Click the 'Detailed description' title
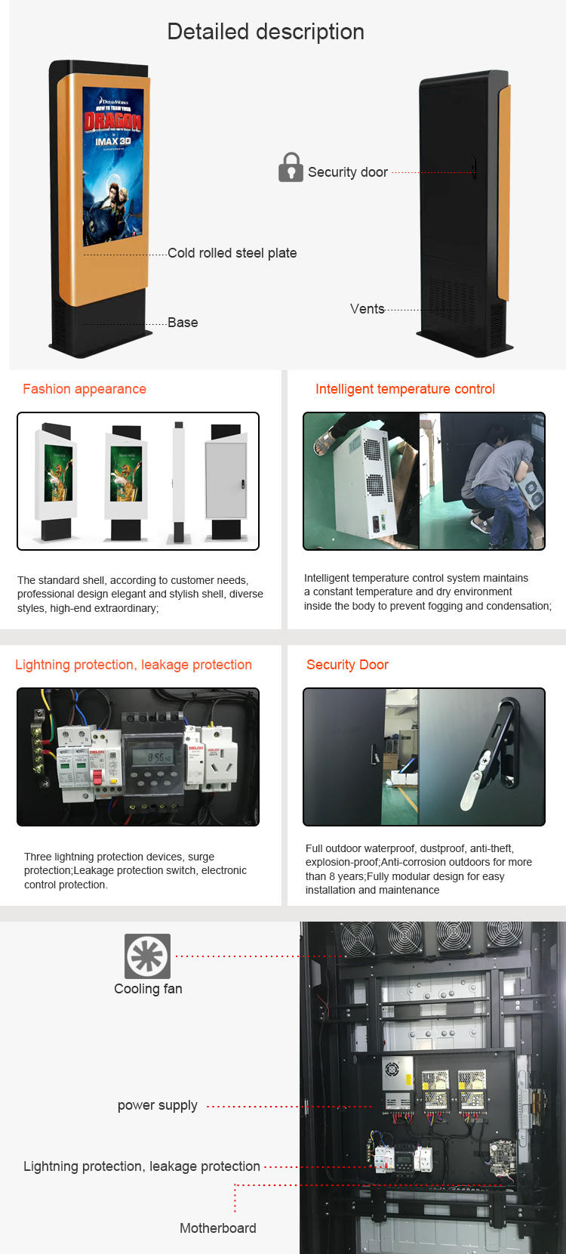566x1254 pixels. click(266, 32)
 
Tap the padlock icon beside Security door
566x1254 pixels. click(291, 167)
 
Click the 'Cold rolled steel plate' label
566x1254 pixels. click(232, 253)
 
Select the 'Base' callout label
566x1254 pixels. click(183, 323)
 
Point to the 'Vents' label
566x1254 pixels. click(367, 309)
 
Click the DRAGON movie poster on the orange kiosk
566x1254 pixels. click(113, 165)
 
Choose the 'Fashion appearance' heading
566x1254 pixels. click(85, 389)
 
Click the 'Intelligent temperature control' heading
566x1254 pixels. click(405, 389)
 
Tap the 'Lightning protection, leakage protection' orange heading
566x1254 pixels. click(134, 665)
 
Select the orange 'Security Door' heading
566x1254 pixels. click(347, 665)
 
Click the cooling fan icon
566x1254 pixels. click(148, 956)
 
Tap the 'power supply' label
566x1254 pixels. click(157, 1106)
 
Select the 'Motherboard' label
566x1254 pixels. click(218, 1228)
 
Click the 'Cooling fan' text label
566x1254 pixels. click(148, 989)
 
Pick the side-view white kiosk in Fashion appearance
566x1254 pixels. click(178, 482)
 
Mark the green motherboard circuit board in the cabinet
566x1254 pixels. click(502, 1158)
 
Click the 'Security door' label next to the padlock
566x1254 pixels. click(348, 172)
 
